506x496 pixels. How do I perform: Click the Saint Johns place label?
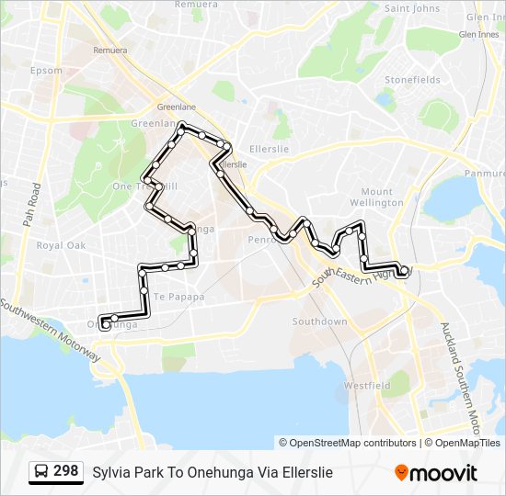click(413, 8)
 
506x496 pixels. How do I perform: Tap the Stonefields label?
click(412, 80)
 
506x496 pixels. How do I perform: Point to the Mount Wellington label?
click(376, 197)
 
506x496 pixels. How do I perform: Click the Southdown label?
click(319, 321)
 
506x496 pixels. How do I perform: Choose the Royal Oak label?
click(61, 245)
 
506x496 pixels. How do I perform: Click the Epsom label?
click(46, 70)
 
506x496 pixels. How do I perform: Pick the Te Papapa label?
click(178, 297)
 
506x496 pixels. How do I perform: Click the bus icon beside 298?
click(40, 471)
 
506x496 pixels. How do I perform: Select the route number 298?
click(65, 471)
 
